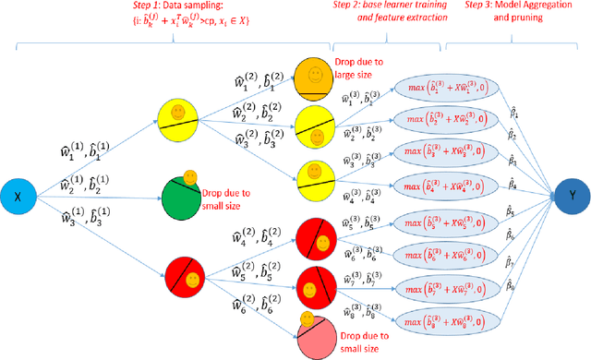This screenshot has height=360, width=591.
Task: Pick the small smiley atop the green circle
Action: pyautogui.click(x=189, y=176)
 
